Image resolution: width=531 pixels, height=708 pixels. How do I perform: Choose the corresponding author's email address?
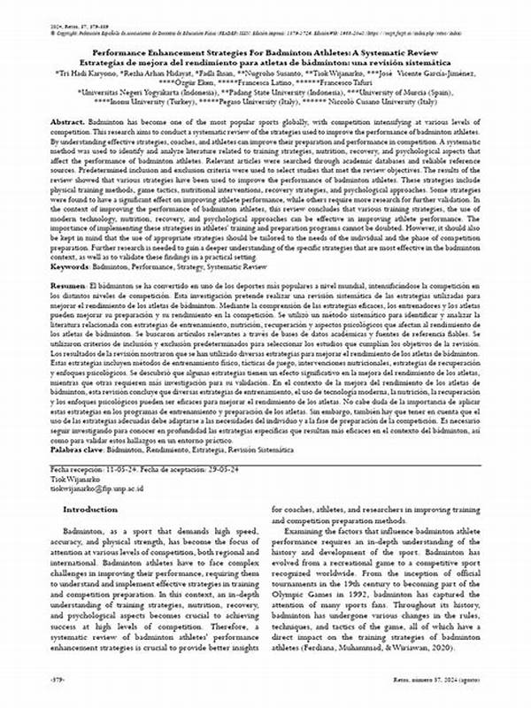click(x=100, y=485)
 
